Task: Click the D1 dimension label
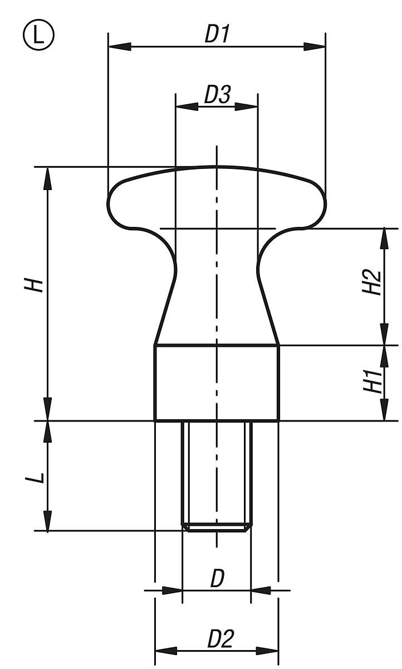(217, 35)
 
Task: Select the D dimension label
(217, 579)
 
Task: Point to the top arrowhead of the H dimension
(48, 177)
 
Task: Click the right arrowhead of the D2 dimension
(267, 650)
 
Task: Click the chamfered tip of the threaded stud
(217, 527)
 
